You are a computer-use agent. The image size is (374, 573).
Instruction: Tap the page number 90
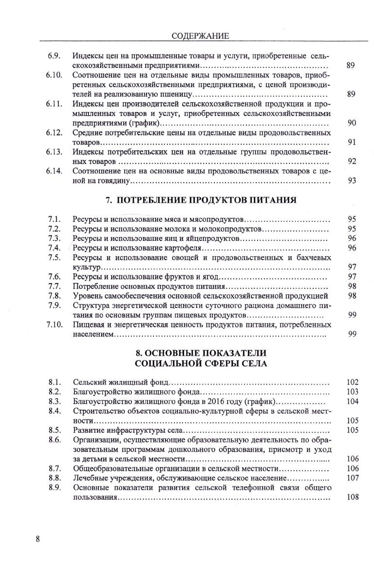[353, 123]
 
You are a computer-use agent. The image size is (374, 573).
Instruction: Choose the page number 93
[353, 181]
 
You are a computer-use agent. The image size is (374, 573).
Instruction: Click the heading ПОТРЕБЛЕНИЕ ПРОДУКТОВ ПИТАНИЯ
[201, 200]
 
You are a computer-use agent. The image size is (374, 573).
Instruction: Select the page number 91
[353, 142]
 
